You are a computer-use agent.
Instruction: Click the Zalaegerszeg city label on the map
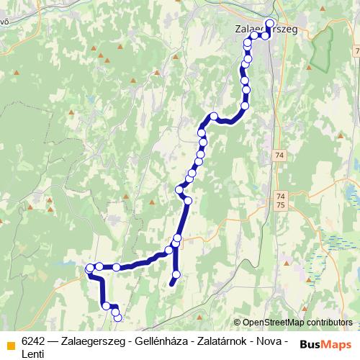[266, 30]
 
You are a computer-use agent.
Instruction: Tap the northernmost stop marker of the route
[270, 23]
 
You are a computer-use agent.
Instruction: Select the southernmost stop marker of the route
[117, 318]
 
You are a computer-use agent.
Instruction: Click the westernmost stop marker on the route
[90, 268]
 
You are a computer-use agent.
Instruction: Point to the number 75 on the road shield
[281, 205]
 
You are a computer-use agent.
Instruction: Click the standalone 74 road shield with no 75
[281, 155]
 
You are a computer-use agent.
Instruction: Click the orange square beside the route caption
[9, 343]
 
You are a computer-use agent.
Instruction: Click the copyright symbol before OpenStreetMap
[238, 323]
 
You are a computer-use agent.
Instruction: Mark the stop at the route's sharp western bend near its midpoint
[179, 189]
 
